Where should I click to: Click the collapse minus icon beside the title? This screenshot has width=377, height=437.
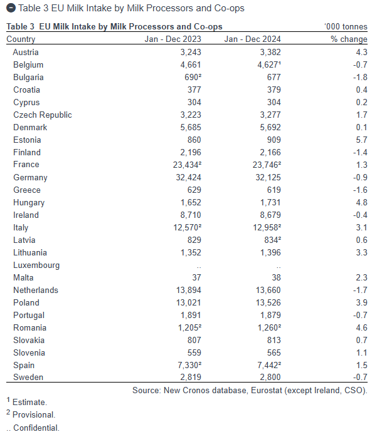click(x=11, y=8)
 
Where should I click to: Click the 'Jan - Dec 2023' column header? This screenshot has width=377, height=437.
click(x=173, y=39)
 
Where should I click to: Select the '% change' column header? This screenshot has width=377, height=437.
click(x=349, y=39)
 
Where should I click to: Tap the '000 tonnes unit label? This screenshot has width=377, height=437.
click(x=346, y=26)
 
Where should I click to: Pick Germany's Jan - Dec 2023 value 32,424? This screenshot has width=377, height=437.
click(x=188, y=177)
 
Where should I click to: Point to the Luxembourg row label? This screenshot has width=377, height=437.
click(x=36, y=265)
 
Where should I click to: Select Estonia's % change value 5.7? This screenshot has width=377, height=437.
click(x=361, y=140)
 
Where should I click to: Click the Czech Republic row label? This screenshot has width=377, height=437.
click(x=43, y=115)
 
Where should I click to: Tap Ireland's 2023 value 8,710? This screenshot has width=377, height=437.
click(x=191, y=215)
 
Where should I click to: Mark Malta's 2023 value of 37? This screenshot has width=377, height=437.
click(x=196, y=277)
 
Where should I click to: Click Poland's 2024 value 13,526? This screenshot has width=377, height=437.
click(x=268, y=302)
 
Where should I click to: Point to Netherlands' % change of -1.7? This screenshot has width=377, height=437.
click(x=360, y=290)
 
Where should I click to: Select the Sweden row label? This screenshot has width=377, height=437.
click(x=28, y=377)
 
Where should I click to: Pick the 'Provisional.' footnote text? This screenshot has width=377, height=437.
click(x=34, y=414)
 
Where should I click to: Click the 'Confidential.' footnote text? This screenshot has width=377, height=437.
click(x=36, y=428)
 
